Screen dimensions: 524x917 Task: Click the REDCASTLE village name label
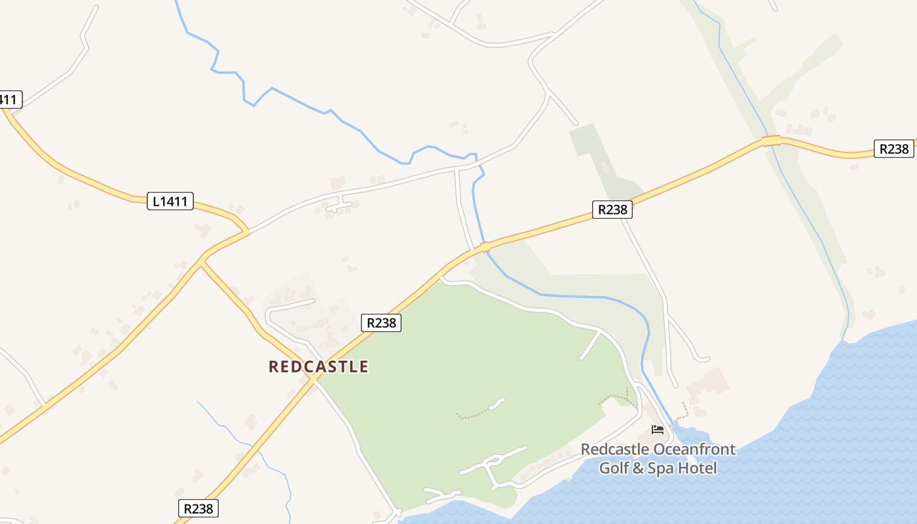pyautogui.click(x=318, y=367)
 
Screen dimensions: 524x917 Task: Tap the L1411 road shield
pyautogui.click(x=170, y=201)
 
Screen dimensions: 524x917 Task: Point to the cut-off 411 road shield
pyautogui.click(x=9, y=100)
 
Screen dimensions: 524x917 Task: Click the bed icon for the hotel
pyautogui.click(x=658, y=430)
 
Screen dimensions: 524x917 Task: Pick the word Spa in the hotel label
pyautogui.click(x=661, y=468)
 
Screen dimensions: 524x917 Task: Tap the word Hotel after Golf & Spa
pyautogui.click(x=698, y=468)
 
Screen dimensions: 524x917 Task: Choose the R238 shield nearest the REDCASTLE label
pyautogui.click(x=381, y=323)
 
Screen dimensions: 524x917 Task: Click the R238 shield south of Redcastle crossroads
pyautogui.click(x=198, y=508)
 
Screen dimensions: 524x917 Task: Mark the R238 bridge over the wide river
pyautogui.click(x=485, y=247)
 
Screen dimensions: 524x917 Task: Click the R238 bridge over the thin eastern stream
pyautogui.click(x=771, y=141)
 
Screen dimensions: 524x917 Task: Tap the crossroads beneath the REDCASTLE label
pyautogui.click(x=314, y=377)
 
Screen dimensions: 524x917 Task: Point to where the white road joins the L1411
pyautogui.click(x=248, y=231)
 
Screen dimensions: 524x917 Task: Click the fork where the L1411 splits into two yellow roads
pyautogui.click(x=202, y=263)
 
